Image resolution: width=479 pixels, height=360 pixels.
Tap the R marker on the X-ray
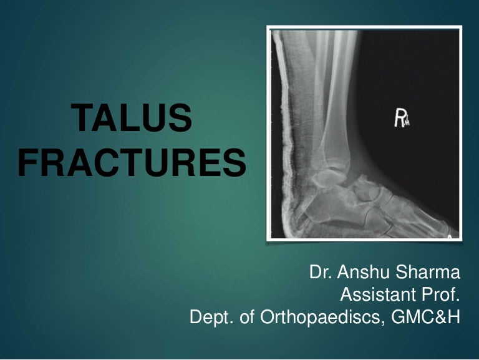tap(400, 119)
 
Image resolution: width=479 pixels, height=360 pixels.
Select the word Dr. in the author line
tap(321, 273)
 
